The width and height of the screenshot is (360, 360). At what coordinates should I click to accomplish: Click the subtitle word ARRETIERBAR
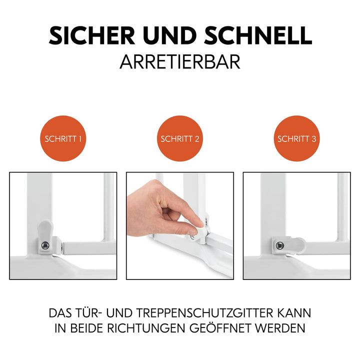click(180, 61)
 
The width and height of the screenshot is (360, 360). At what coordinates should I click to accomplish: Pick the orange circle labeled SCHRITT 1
click(63, 138)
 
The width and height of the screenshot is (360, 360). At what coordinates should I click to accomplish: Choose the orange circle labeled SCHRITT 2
click(180, 138)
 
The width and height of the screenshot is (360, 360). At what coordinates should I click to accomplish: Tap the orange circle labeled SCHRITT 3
click(297, 138)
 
